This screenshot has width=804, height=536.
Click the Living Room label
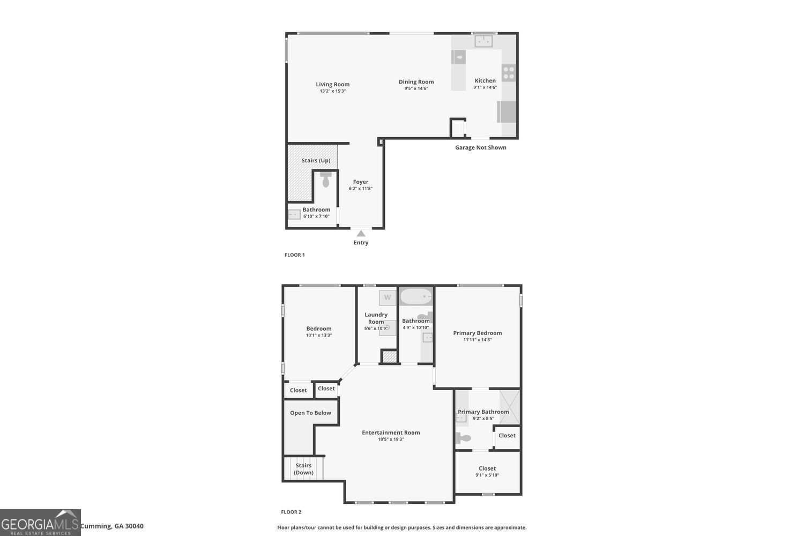pyautogui.click(x=332, y=84)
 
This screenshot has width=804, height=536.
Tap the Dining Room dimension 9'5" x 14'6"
pyautogui.click(x=416, y=88)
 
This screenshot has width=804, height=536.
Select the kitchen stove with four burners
pyautogui.click(x=509, y=73)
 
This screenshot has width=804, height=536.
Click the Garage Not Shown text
pyautogui.click(x=480, y=147)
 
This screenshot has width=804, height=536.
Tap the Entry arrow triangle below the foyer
pyautogui.click(x=361, y=234)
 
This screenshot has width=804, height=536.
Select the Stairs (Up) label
pyautogui.click(x=316, y=160)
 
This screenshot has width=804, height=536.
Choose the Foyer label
pyautogui.click(x=360, y=182)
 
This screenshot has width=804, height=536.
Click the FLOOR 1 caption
pyautogui.click(x=294, y=255)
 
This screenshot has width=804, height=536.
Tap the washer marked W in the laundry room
pyautogui.click(x=387, y=297)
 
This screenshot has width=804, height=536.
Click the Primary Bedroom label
pyautogui.click(x=477, y=333)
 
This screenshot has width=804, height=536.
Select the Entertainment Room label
pyautogui.click(x=390, y=433)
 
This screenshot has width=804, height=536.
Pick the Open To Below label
pyautogui.click(x=310, y=413)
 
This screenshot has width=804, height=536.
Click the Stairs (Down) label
pyautogui.click(x=303, y=469)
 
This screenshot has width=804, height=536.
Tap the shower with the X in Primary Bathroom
pyautogui.click(x=509, y=407)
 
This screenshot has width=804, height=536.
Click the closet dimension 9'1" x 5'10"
pyautogui.click(x=487, y=475)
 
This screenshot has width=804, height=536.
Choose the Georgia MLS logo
pyautogui.click(x=40, y=523)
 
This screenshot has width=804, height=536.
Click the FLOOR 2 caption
pyautogui.click(x=291, y=512)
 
